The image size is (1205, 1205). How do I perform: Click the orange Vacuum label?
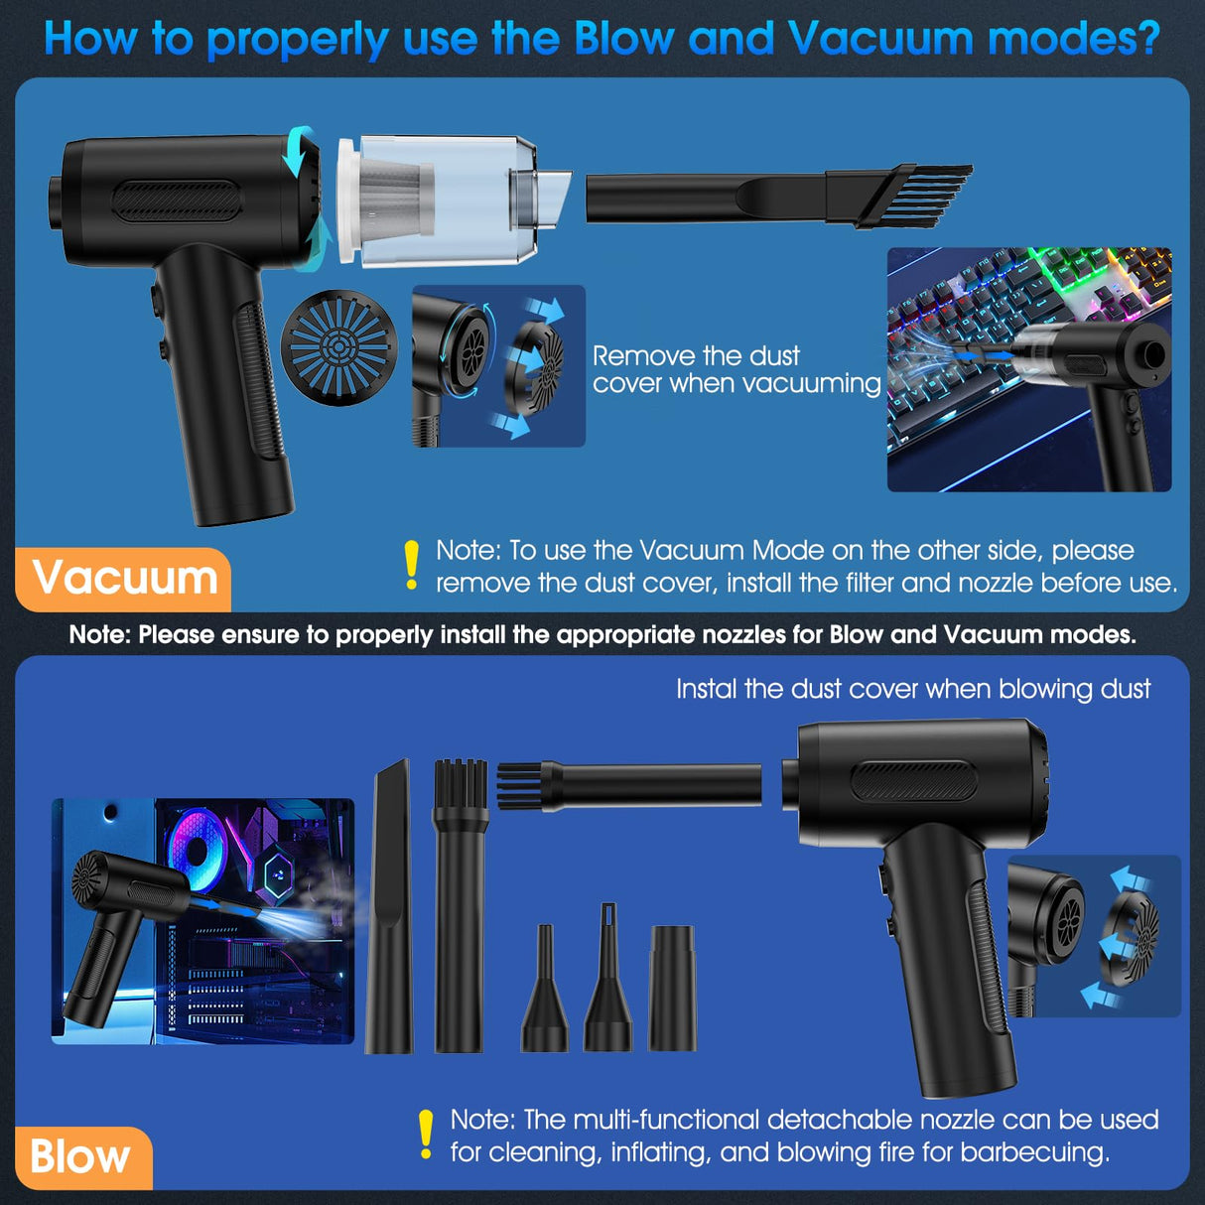click(124, 579)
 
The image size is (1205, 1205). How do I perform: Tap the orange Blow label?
click(81, 1157)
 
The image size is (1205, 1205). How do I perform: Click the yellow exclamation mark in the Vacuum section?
click(412, 566)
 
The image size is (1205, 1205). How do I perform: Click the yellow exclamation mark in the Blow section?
click(426, 1135)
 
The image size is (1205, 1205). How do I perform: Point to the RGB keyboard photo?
click(1028, 369)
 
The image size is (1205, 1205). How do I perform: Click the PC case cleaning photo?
click(202, 920)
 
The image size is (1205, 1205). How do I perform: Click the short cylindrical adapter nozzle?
click(673, 988)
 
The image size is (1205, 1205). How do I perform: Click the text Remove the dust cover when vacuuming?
click(736, 369)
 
